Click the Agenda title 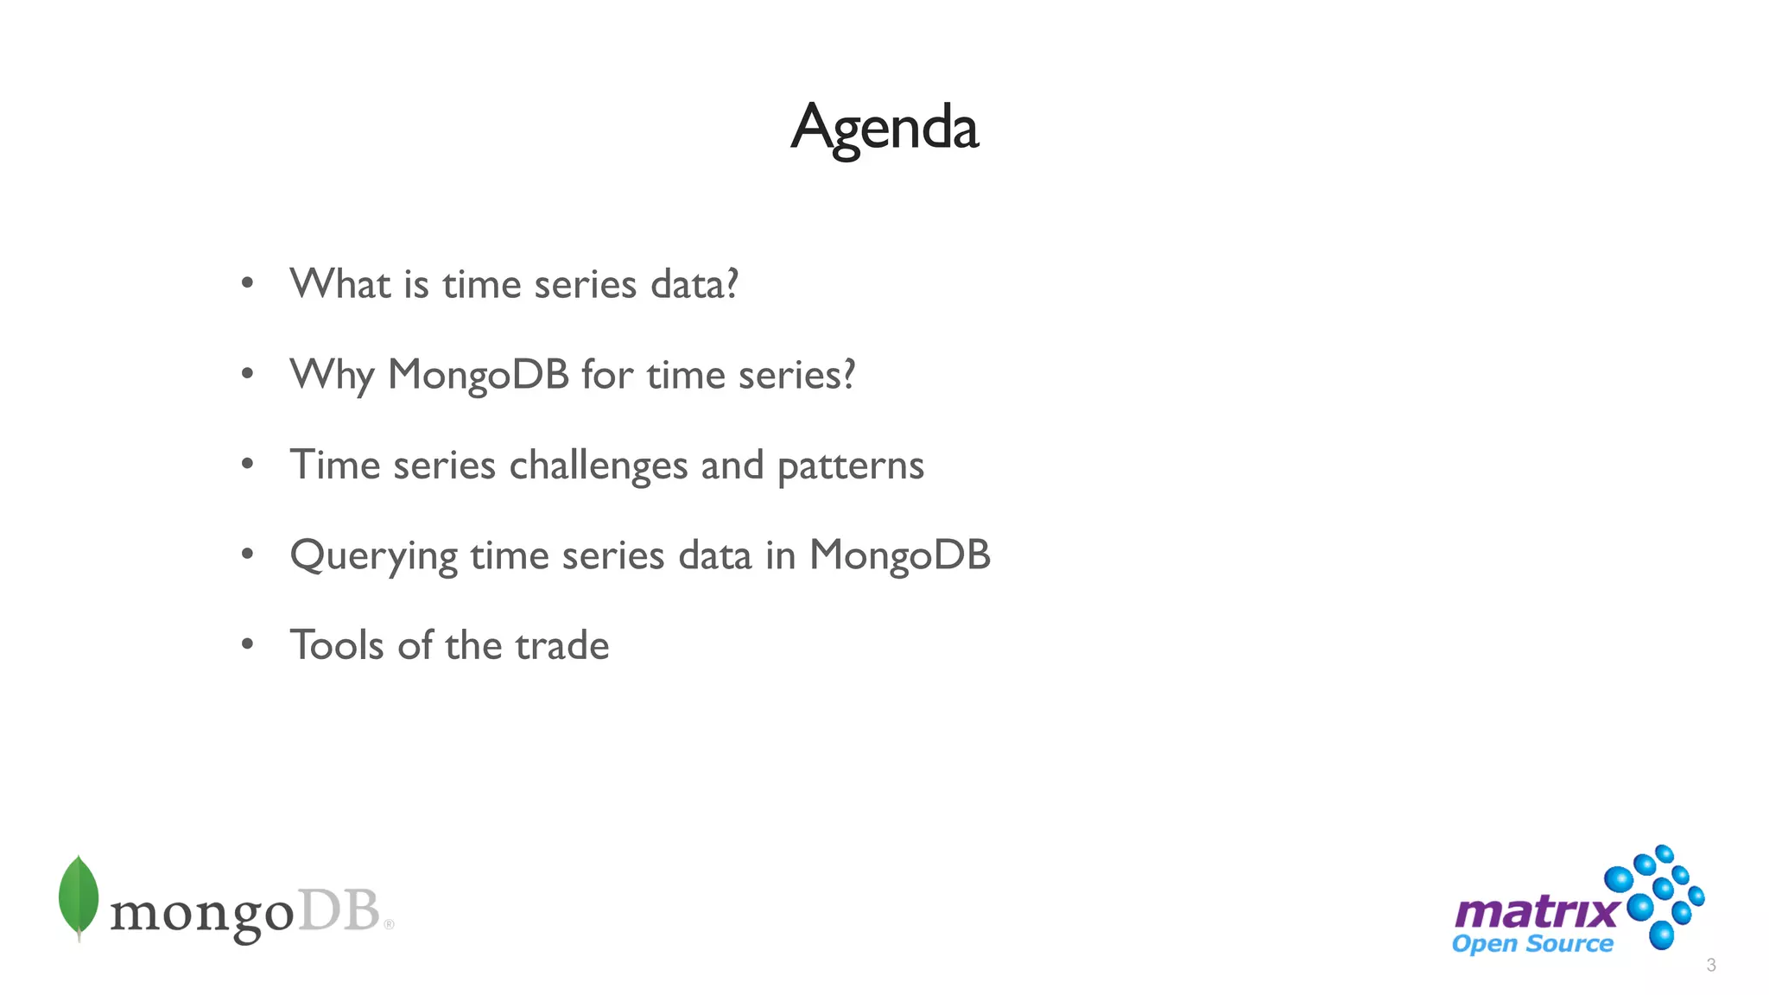pos(884,128)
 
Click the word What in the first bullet pos(339,284)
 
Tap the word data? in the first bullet pos(694,284)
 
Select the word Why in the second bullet pos(331,376)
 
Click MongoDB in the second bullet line pos(479,376)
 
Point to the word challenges pos(598,466)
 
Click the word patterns pos(851,466)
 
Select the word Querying pos(373,556)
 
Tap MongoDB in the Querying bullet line pos(899,555)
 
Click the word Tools pos(336,646)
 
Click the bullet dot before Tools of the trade pos(248,643)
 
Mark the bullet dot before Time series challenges pos(248,464)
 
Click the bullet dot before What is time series pos(248,283)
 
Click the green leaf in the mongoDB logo pos(79,897)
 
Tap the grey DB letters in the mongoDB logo pos(339,911)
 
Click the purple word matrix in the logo pos(1536,912)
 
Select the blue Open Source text pos(1532,944)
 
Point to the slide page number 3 pos(1711,966)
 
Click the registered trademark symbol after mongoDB pos(389,924)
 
